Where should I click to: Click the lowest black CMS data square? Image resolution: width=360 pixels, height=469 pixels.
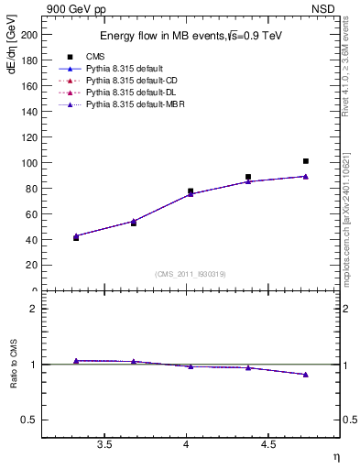pyautogui.click(x=76, y=238)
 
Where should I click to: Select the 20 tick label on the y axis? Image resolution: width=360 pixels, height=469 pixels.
pyautogui.click(x=32, y=265)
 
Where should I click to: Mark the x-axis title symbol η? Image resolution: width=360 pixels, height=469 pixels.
pyautogui.click(x=335, y=456)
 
